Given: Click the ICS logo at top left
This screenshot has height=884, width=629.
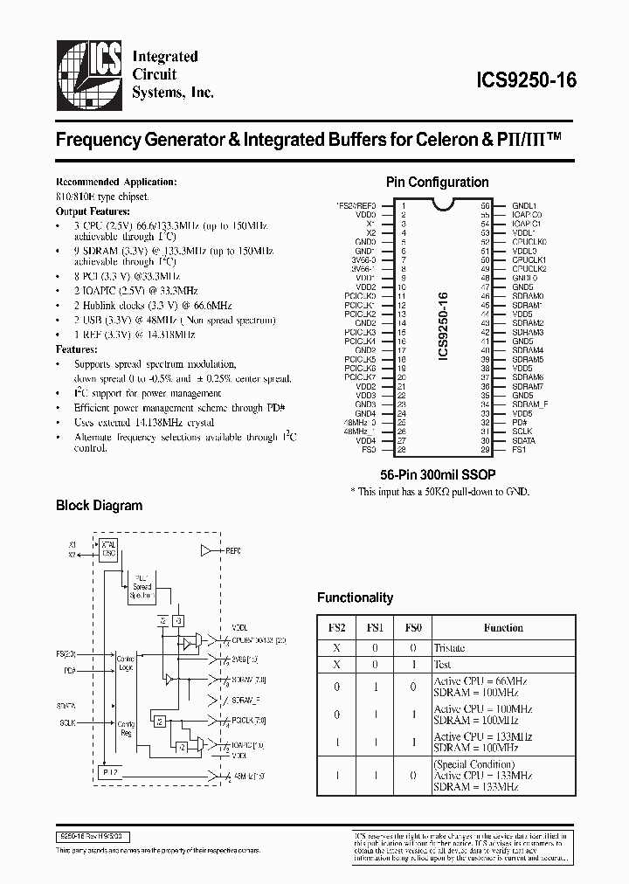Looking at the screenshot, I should (x=88, y=74).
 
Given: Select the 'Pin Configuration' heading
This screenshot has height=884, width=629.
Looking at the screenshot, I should (x=437, y=183).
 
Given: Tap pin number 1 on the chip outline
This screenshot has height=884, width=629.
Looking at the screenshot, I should (x=402, y=205).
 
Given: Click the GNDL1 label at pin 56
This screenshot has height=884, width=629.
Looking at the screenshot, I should (x=524, y=205).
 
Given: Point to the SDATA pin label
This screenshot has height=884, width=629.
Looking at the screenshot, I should (x=524, y=441).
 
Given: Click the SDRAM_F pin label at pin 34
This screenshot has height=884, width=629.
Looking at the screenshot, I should (x=529, y=405).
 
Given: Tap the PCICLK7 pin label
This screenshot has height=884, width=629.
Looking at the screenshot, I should (x=360, y=377).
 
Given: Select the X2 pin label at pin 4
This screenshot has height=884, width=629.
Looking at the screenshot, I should (x=370, y=233).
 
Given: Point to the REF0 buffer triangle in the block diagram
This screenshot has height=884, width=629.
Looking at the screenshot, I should (x=207, y=551).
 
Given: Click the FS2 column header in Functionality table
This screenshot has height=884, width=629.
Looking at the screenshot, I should (x=336, y=627).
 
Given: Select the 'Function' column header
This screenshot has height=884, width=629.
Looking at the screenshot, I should (x=503, y=627).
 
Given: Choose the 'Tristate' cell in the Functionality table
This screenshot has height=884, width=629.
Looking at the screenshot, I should (x=450, y=648).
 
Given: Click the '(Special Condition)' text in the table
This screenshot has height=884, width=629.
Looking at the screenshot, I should (x=468, y=763).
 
